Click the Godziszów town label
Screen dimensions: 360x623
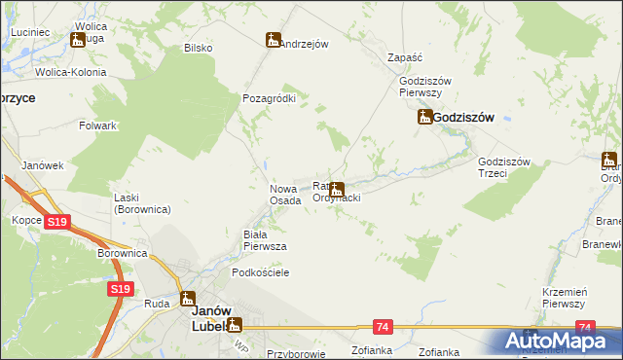tap(463, 117)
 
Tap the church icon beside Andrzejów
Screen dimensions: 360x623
tap(274, 41)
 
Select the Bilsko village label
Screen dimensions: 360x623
tap(198, 48)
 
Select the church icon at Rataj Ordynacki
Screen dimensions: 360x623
tap(337, 190)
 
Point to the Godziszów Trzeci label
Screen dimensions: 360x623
tap(503, 168)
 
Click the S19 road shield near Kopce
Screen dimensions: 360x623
tap(57, 223)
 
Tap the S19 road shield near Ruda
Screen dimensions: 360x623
tap(120, 289)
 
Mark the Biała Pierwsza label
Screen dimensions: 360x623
tap(264, 240)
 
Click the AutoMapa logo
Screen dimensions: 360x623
tap(558, 340)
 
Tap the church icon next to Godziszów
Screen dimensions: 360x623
tap(425, 118)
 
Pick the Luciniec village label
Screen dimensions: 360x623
tap(30, 32)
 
